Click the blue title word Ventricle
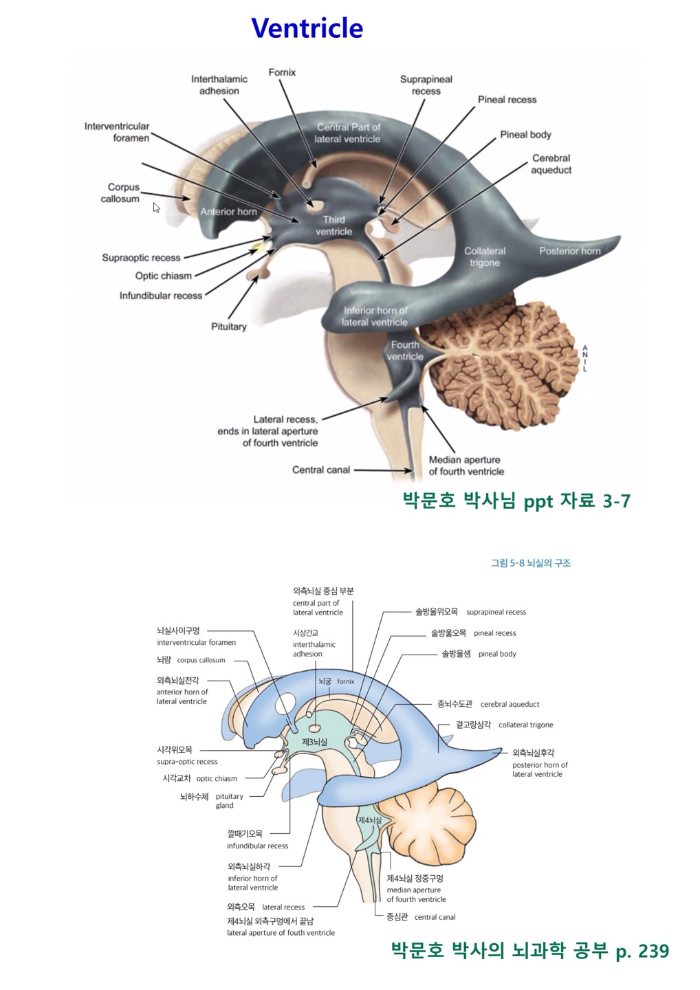pyautogui.click(x=307, y=28)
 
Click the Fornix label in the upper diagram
pyautogui.click(x=282, y=72)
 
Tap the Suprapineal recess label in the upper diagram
pyautogui.click(x=426, y=85)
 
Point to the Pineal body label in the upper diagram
pyautogui.click(x=525, y=135)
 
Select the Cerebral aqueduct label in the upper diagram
pyautogui.click(x=551, y=164)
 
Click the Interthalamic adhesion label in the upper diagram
pyautogui.click(x=219, y=85)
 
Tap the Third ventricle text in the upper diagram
pyautogui.click(x=334, y=225)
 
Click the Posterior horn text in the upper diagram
pyautogui.click(x=569, y=251)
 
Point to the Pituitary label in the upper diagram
pyautogui.click(x=228, y=327)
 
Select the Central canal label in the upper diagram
pyautogui.click(x=321, y=470)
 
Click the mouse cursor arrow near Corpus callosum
pyautogui.click(x=157, y=208)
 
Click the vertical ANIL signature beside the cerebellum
pyautogui.click(x=585, y=358)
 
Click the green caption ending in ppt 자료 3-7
pyautogui.click(x=516, y=500)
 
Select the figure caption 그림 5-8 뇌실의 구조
pyautogui.click(x=530, y=563)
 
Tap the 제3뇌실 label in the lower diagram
pyautogui.click(x=315, y=742)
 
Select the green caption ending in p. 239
pyautogui.click(x=529, y=951)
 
